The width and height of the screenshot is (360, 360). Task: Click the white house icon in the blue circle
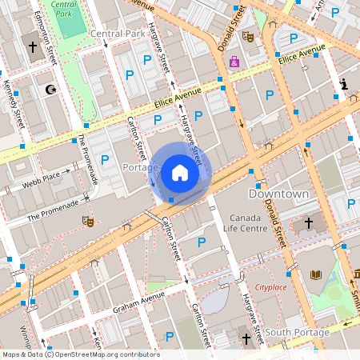180,173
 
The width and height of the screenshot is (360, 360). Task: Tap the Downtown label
278,194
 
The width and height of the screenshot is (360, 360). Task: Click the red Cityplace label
270,286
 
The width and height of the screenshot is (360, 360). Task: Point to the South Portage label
297,333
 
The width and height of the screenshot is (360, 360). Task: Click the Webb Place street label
40,176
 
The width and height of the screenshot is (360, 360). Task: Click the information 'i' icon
344,84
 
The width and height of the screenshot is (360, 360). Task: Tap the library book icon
315,276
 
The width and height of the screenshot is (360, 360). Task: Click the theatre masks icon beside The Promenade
86,220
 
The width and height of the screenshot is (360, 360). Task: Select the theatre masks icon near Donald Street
248,36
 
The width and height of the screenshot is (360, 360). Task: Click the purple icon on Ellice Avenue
234,62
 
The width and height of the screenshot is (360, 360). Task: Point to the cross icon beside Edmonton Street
33,47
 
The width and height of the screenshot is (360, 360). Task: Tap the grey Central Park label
117,34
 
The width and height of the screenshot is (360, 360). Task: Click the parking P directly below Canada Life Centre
201,242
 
